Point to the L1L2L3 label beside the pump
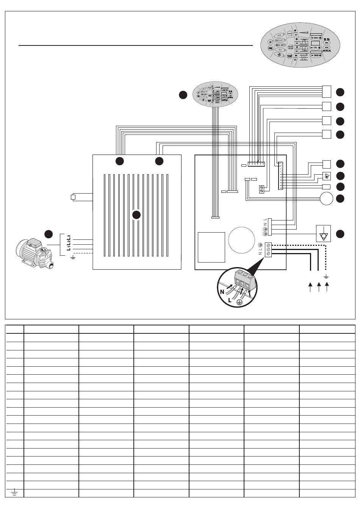coord(69,242)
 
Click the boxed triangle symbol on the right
coord(323,233)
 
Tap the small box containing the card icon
coord(326,176)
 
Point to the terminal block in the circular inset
coord(244,280)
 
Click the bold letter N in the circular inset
coord(222,292)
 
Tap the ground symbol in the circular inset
coord(239,302)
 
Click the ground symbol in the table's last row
coord(14,493)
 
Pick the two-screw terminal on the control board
coord(262,189)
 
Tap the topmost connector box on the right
coord(326,91)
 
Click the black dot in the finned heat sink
coord(136,215)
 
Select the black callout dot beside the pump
coord(48,234)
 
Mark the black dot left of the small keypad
coord(183,95)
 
